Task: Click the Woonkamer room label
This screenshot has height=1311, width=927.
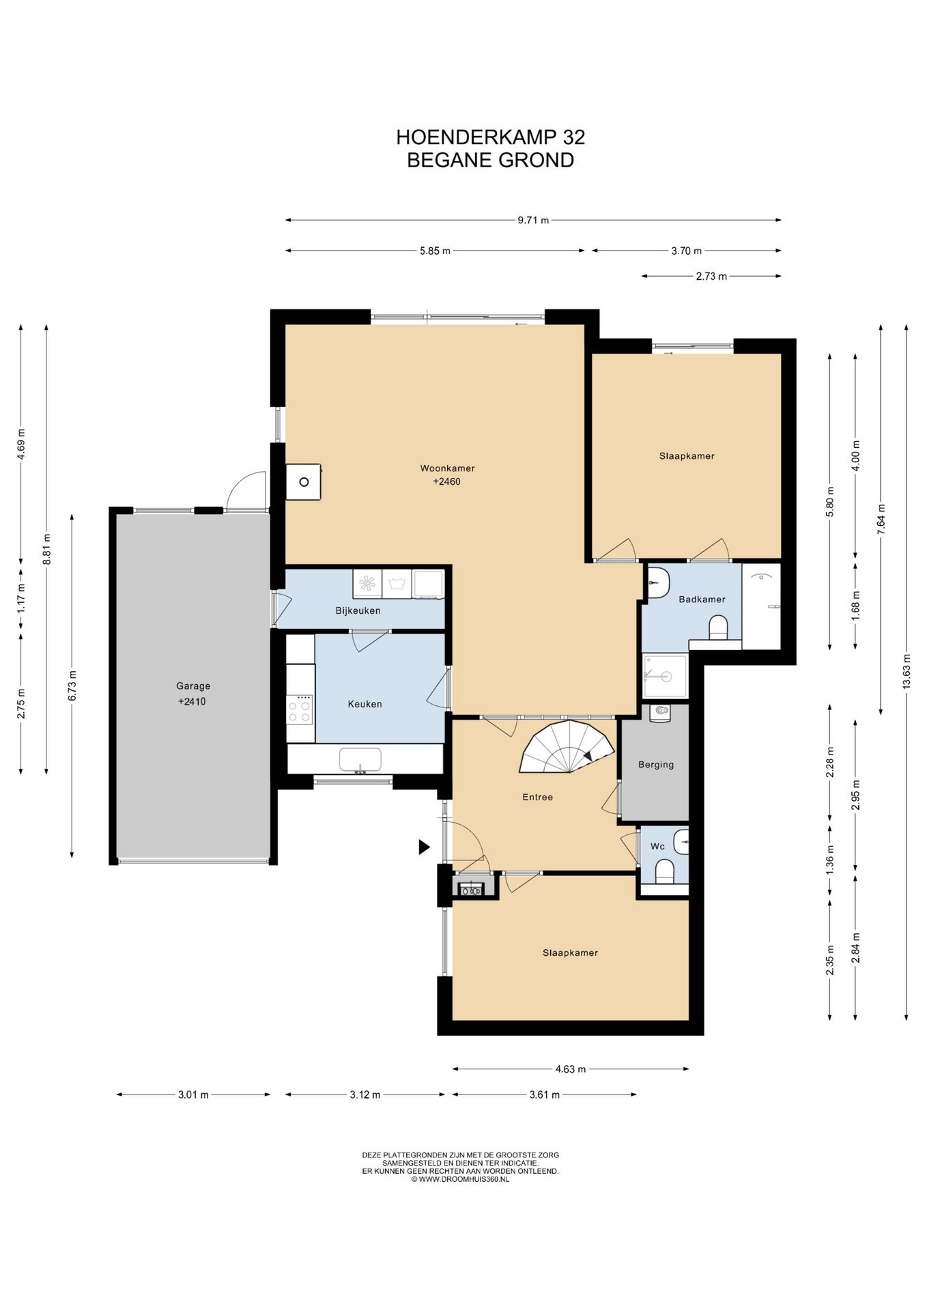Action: pos(447,468)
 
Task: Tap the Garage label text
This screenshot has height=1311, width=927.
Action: pos(193,686)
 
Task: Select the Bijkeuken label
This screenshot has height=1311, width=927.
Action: pos(358,610)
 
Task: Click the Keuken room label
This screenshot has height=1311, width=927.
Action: pos(365,704)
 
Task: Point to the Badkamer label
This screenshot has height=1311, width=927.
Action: pos(702,600)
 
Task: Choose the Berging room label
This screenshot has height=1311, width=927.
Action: pos(656,765)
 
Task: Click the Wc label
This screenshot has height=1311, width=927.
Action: pos(657,847)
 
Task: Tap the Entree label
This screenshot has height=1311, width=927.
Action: pos(537,797)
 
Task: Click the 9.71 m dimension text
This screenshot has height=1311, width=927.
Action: pos(533,220)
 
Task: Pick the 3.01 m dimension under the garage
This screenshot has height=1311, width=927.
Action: pos(193,1095)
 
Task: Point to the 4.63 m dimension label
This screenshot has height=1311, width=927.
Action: pos(570,1069)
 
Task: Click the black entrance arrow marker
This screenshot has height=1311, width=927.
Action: pos(424,847)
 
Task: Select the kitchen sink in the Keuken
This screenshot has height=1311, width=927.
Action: pos(360,760)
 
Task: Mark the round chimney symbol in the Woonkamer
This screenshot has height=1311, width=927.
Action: pos(304,482)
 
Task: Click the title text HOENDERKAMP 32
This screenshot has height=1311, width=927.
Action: pos(490,137)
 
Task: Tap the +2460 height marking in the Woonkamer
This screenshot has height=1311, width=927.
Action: pos(447,482)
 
